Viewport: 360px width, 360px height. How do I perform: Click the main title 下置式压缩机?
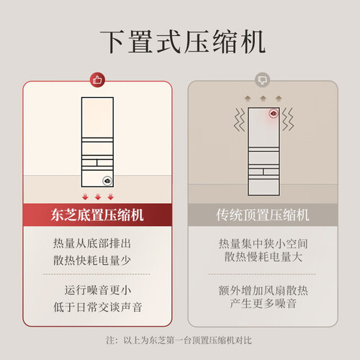tap(183, 42)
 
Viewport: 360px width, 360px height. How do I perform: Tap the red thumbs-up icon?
tap(97, 80)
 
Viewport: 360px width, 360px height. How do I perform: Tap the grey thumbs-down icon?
tap(262, 80)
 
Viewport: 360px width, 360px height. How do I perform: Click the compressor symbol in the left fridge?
tap(107, 181)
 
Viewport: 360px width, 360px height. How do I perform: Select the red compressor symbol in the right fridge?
tap(274, 114)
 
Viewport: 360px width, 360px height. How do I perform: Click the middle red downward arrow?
tap(98, 197)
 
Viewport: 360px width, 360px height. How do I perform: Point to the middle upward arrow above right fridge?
tap(263, 99)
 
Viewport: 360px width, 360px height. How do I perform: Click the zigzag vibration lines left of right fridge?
tap(240, 120)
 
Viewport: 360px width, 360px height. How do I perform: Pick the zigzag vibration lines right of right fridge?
tap(288, 120)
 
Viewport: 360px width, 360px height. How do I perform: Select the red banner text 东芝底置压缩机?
tap(97, 215)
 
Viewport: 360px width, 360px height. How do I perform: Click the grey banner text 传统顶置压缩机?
tap(263, 215)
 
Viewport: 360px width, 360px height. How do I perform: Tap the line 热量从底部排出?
tap(92, 243)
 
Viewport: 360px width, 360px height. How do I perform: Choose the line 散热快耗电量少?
tap(92, 261)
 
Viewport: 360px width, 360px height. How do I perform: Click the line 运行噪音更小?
tap(98, 290)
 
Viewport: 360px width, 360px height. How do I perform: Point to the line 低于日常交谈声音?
tap(98, 307)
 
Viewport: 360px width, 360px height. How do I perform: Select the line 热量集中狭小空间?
tap(263, 244)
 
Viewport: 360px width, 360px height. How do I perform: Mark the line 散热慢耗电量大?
tap(263, 257)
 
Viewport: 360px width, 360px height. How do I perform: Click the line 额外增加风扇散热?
tap(263, 291)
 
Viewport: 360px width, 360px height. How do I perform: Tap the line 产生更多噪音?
tap(263, 303)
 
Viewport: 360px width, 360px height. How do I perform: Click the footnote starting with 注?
tap(179, 341)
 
